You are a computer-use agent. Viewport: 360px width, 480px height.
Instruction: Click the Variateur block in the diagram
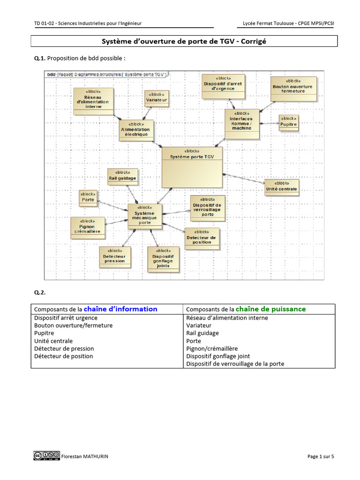(x=157, y=98)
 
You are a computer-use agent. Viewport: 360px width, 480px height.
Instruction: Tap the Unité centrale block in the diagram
(x=281, y=186)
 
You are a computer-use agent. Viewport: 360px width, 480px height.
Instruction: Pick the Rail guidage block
(x=123, y=175)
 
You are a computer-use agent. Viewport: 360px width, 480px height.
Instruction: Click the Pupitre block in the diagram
(x=288, y=122)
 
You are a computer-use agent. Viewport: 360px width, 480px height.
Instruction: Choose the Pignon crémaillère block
(x=87, y=227)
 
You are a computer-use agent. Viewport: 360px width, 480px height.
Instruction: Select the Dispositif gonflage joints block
(x=163, y=259)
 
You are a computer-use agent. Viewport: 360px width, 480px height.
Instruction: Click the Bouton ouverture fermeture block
(x=293, y=88)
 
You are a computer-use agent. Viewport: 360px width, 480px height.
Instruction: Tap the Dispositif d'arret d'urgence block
(x=223, y=85)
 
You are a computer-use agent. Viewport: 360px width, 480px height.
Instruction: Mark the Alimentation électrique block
(x=135, y=129)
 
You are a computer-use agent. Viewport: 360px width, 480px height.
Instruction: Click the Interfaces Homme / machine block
(x=241, y=124)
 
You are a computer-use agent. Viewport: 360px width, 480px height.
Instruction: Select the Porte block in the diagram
(x=88, y=197)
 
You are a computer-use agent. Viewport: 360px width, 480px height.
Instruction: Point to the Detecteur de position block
(x=202, y=237)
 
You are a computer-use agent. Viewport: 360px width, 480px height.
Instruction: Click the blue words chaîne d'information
(x=120, y=309)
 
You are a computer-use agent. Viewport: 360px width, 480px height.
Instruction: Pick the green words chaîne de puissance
(x=270, y=309)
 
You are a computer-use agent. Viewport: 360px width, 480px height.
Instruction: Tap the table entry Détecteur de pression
(x=64, y=348)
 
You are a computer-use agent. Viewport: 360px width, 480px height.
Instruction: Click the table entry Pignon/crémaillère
(x=212, y=348)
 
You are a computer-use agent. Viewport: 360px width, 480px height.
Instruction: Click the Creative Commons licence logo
(x=46, y=456)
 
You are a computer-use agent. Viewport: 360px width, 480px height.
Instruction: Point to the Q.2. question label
(x=40, y=292)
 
